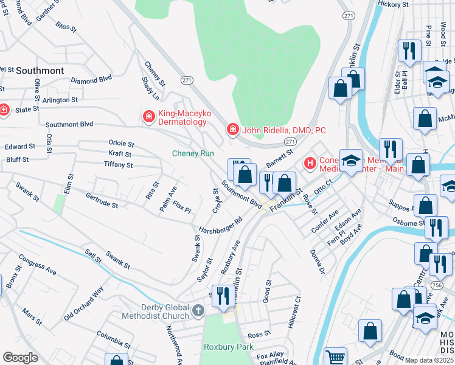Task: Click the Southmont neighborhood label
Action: pos(40,71)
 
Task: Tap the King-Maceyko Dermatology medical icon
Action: pos(148,116)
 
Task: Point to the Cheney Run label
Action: pos(193,154)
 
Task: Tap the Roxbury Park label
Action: pos(228,347)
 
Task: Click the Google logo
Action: pos(20,358)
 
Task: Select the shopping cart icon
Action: pos(335,357)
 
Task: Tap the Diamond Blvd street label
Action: pos(91,79)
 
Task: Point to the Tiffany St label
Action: pos(118,165)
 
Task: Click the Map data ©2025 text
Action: pos(429,360)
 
